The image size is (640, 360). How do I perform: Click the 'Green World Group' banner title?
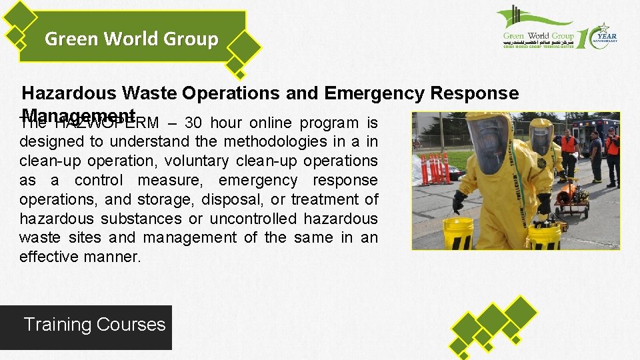coord(131,39)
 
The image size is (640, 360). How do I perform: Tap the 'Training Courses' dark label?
coord(95,325)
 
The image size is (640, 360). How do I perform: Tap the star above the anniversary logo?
coord(604,27)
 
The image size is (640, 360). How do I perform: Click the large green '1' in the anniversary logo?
coord(581,39)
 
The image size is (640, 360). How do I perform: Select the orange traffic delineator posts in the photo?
coord(435,168)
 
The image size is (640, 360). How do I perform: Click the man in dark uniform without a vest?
coord(595,155)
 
